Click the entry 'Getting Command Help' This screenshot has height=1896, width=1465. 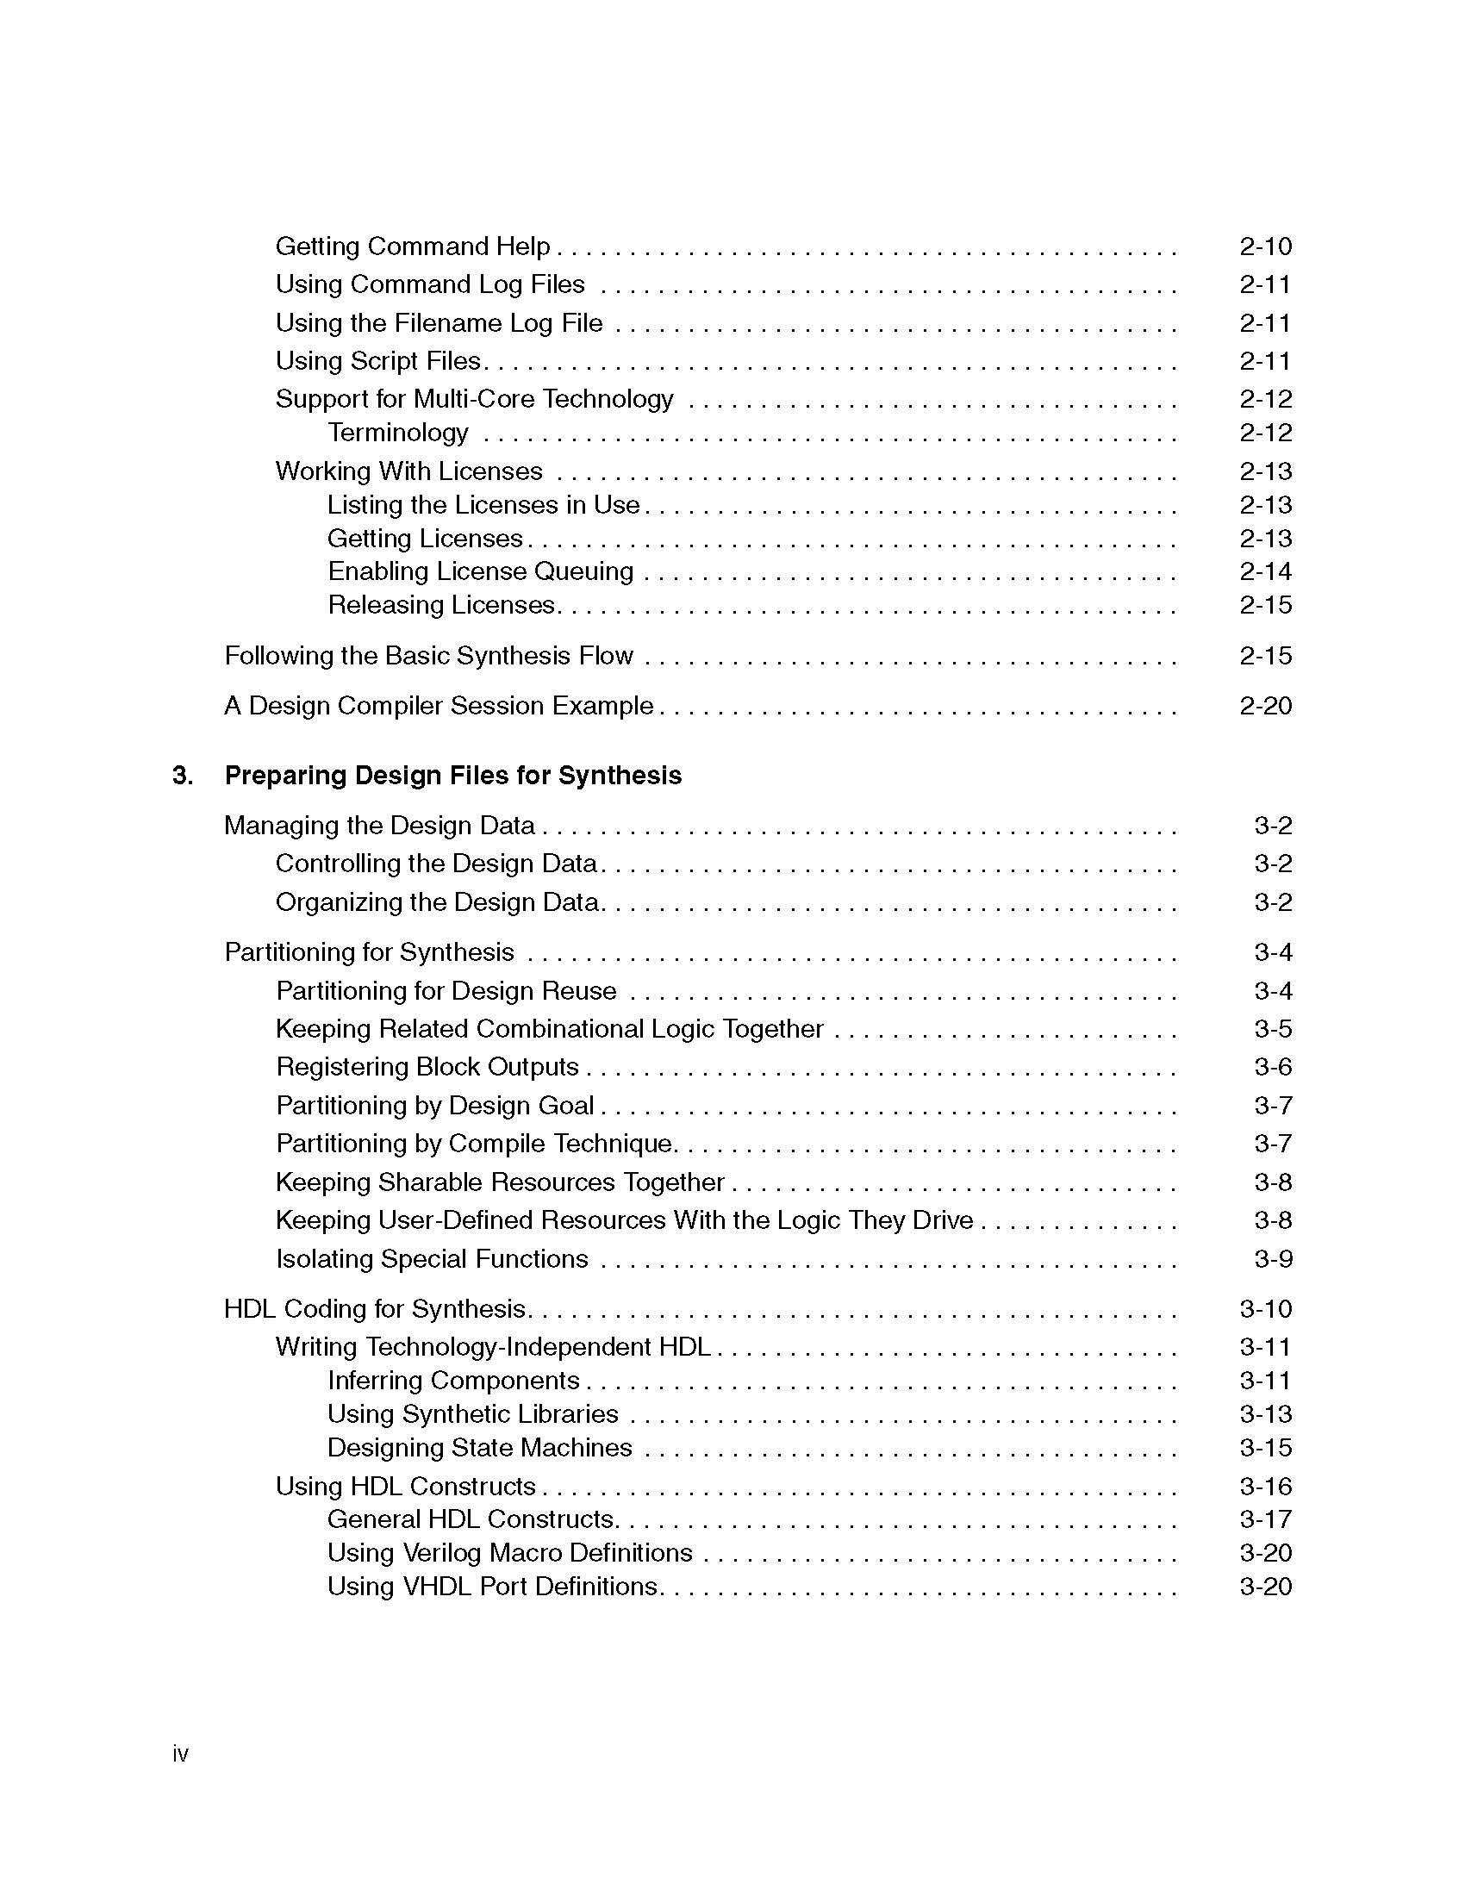coord(412,246)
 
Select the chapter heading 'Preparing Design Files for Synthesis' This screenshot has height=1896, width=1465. coord(452,776)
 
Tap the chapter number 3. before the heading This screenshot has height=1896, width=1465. coord(182,776)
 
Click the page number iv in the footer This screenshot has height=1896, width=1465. coord(180,1754)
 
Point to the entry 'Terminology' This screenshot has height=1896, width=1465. coord(397,433)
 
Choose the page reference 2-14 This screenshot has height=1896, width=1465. coord(1265,571)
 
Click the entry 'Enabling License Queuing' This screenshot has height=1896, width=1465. coord(480,571)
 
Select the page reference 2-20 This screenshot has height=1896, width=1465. coord(1265,706)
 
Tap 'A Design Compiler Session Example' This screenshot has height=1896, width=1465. coord(439,706)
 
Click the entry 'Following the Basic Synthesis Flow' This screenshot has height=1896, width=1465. coord(429,656)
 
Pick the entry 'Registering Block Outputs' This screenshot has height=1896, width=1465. coord(427,1067)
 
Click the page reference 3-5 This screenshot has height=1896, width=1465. coord(1272,1029)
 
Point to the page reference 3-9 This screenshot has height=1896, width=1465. coord(1272,1259)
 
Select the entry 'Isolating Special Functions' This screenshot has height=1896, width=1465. coord(432,1259)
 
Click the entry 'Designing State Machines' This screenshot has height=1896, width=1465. coord(479,1448)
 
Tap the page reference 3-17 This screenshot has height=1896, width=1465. coord(1265,1519)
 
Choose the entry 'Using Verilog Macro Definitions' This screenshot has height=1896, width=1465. coord(509,1553)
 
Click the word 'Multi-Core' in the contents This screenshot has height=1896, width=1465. coord(474,399)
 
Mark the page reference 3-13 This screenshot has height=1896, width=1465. coord(1265,1414)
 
